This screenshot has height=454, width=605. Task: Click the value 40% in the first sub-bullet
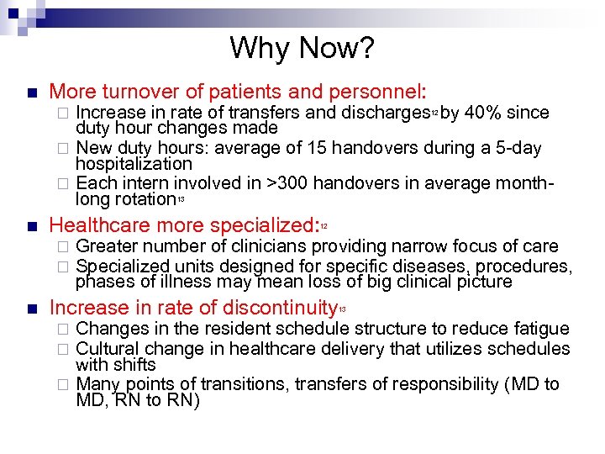coord(487,112)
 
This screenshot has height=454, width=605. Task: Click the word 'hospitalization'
coord(134,164)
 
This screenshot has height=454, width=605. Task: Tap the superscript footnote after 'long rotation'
coord(181,198)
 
